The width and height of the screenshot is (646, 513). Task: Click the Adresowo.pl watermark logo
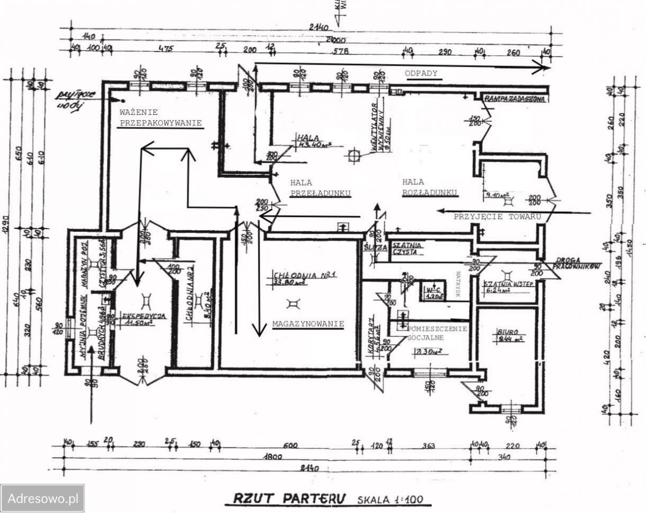click(42, 499)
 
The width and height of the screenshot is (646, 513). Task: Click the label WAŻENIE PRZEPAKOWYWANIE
click(160, 118)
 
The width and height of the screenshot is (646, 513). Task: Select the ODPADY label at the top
click(421, 74)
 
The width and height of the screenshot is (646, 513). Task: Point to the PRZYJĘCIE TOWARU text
click(497, 217)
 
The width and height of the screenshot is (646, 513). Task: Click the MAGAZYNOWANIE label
click(307, 324)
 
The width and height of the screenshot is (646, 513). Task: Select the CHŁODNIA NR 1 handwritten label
click(303, 277)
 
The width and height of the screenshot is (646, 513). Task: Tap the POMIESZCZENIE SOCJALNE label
click(437, 332)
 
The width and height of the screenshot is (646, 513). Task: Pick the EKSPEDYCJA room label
click(144, 316)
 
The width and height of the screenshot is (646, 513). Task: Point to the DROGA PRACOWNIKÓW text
click(579, 262)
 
